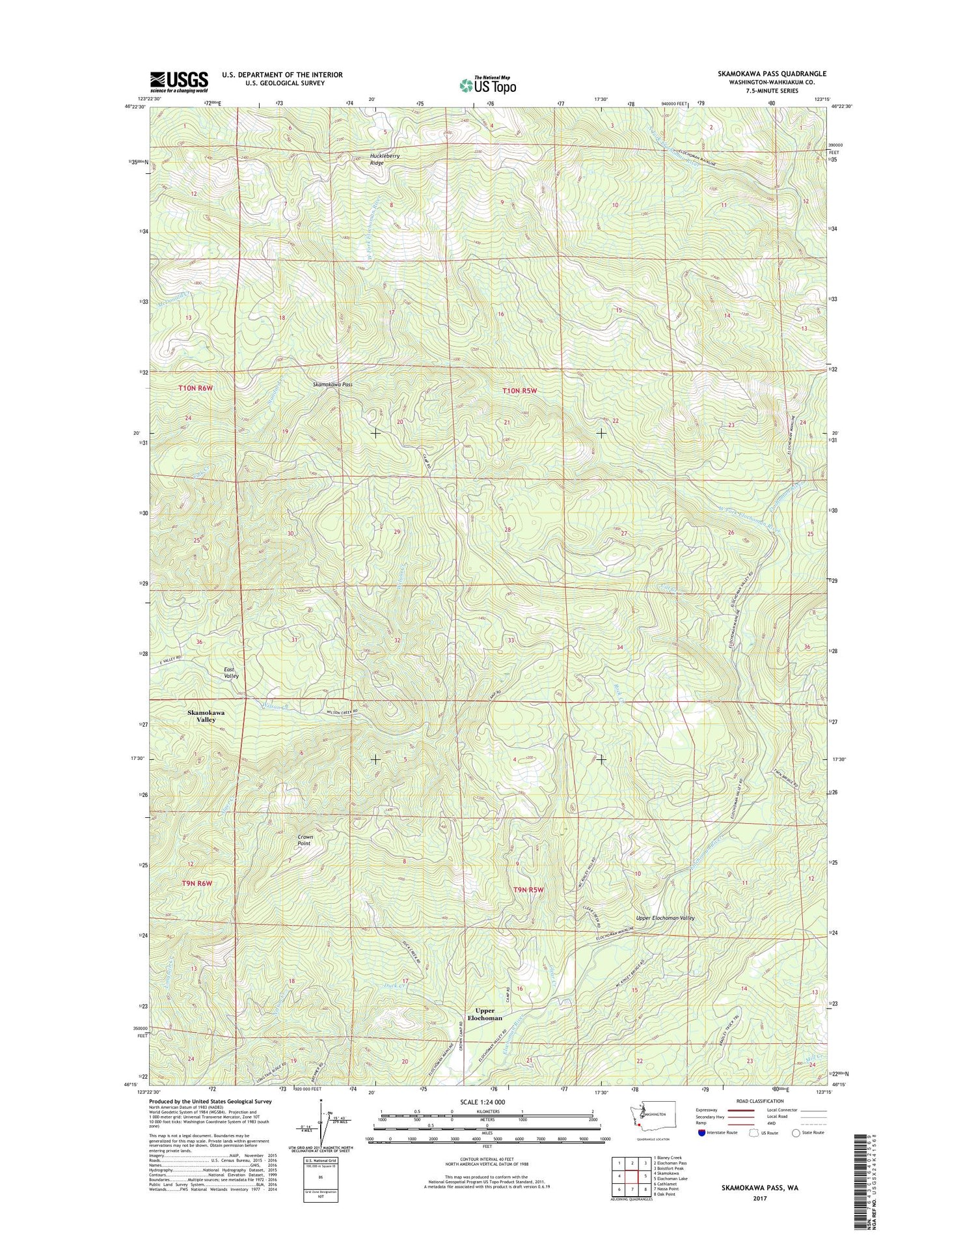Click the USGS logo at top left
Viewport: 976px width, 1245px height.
pos(179,82)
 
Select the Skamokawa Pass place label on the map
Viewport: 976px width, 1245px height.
pos(332,385)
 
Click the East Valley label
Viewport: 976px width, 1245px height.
pos(231,673)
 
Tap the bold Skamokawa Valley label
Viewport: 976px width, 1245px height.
pos(206,716)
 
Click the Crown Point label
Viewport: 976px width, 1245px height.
pos(305,840)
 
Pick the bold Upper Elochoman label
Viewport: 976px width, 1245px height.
pos(485,1014)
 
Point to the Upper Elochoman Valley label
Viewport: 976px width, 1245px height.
pos(665,918)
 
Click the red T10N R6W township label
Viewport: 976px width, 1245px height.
pos(196,389)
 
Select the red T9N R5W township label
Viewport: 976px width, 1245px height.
pos(528,889)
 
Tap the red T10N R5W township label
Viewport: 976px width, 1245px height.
pos(520,391)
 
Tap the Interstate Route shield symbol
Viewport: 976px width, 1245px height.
pos(701,1132)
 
